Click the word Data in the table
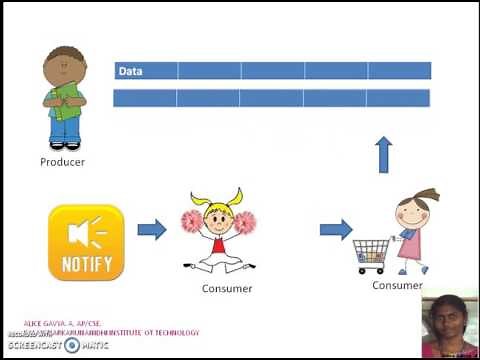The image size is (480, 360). pyautogui.click(x=130, y=71)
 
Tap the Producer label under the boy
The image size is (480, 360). pyautogui.click(x=62, y=161)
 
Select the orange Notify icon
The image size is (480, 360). pyautogui.click(x=86, y=242)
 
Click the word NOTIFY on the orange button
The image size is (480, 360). pyautogui.click(x=86, y=265)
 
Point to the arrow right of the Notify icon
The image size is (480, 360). pyautogui.click(x=151, y=230)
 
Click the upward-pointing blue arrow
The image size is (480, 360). pyautogui.click(x=383, y=155)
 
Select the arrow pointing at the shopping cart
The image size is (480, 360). pyautogui.click(x=334, y=230)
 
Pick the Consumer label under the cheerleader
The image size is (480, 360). pyautogui.click(x=227, y=289)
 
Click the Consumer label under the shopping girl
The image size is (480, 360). pyautogui.click(x=398, y=285)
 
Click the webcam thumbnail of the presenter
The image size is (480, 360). pyautogui.click(x=448, y=325)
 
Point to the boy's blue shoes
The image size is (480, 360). pyautogui.click(x=64, y=144)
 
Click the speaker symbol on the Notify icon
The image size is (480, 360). pyautogui.click(x=80, y=233)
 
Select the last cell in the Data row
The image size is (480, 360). pyautogui.click(x=399, y=71)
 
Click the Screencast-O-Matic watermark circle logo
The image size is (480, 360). pyautogui.click(x=72, y=345)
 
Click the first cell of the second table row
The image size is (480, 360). pyautogui.click(x=146, y=98)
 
